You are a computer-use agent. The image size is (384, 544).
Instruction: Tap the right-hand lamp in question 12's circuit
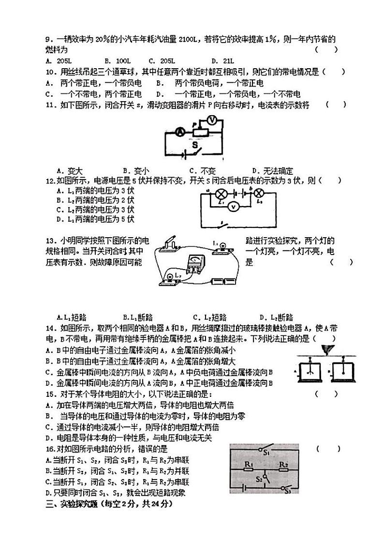(259, 194)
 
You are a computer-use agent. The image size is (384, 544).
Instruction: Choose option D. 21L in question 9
(222, 60)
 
